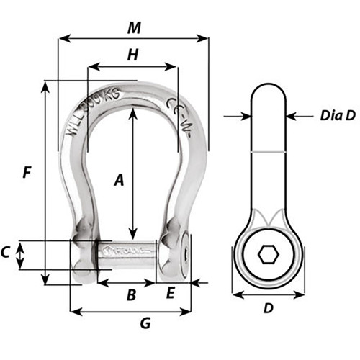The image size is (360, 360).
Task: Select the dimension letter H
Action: (132, 55)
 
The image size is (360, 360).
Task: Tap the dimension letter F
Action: (26, 173)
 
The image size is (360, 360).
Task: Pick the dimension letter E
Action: (171, 292)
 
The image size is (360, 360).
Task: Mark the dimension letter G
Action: (145, 323)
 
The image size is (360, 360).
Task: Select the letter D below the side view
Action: (269, 308)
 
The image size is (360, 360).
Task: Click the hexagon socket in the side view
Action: (268, 256)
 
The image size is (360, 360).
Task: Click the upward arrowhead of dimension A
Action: (132, 112)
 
